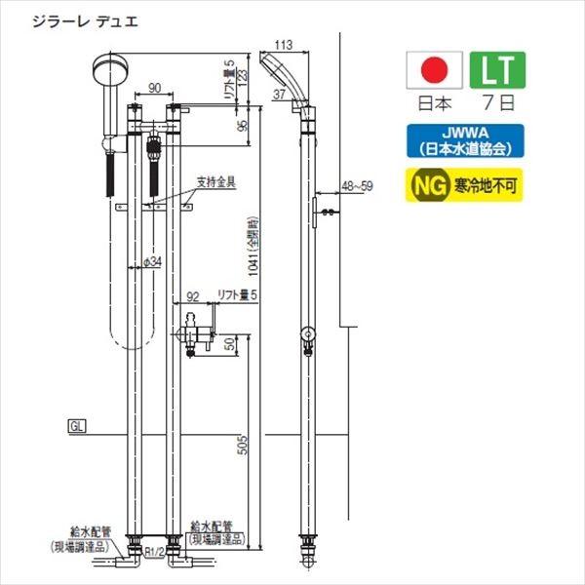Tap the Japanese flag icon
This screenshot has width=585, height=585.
pyautogui.click(x=427, y=71)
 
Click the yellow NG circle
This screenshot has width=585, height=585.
pyautogui.click(x=424, y=184)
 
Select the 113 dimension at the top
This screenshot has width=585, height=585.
pyautogui.click(x=285, y=43)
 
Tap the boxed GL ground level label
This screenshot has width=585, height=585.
pyautogui.click(x=76, y=426)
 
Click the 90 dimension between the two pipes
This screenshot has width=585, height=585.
pyautogui.click(x=155, y=90)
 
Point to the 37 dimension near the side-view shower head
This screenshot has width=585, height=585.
pyautogui.click(x=280, y=95)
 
